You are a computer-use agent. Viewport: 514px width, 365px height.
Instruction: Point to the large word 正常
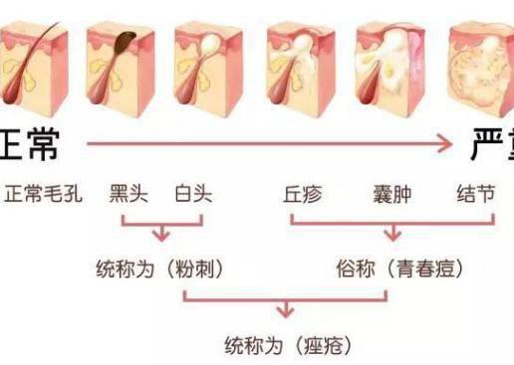pos(28,143)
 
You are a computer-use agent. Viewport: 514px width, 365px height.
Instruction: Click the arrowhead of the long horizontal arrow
pos(449,144)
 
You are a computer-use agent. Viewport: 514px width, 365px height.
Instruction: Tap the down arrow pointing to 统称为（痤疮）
pos(286,314)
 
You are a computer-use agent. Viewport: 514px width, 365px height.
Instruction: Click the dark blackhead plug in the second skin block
pos(128,44)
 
